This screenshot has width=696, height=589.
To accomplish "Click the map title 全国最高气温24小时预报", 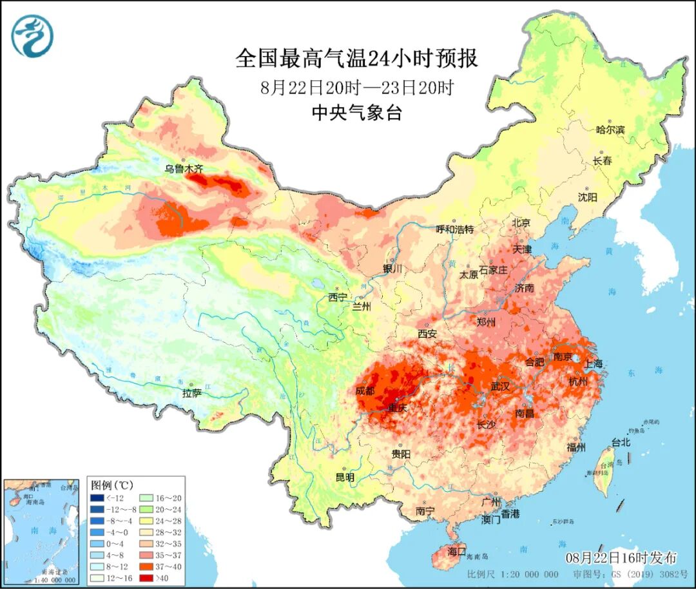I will coord(356,59).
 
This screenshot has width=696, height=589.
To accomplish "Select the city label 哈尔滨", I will coord(610,130).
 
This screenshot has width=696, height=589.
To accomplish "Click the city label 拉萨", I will coord(192,392).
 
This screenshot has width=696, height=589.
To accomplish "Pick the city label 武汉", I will coord(500,386).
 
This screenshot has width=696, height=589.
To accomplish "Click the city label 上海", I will coord(594,363).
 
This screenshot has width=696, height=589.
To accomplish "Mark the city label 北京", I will coord(521,222).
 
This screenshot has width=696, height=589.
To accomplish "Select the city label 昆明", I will coord(345,478).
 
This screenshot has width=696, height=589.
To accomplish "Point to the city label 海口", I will coord(456,552).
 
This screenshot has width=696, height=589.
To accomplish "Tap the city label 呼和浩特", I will coord(455,229).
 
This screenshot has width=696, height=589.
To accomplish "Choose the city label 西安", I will coord(427,334).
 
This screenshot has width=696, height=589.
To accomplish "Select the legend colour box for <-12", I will coord(97,497).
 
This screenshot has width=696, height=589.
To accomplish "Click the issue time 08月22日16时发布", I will coord(621,557).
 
